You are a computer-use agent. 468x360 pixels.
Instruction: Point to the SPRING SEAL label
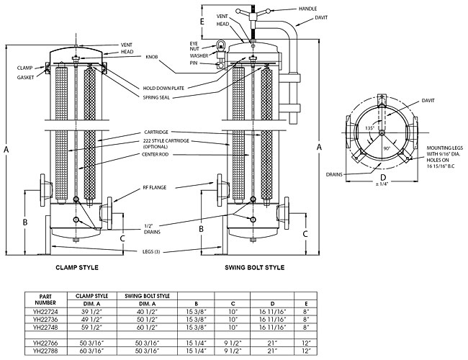click(x=161, y=99)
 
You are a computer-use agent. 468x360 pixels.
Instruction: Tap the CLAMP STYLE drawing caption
click(x=77, y=267)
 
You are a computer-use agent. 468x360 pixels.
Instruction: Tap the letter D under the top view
click(x=383, y=177)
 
